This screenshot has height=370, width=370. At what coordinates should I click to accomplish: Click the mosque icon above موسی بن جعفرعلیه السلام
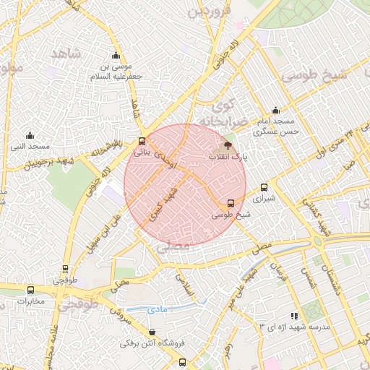116,56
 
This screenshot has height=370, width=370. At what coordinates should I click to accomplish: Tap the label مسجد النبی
30,147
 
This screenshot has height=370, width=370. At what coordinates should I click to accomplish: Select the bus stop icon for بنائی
141,142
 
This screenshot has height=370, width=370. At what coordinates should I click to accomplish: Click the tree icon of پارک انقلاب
229,147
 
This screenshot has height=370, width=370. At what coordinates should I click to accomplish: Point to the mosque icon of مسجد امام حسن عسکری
275,111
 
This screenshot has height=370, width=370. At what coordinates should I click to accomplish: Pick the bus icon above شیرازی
264,187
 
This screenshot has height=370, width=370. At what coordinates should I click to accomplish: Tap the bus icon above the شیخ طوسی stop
231,203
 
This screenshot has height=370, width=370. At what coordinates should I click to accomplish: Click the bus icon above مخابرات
65,269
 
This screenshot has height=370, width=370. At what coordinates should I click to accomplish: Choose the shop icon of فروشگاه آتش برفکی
152,332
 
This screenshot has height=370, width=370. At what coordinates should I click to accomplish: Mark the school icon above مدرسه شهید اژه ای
293,316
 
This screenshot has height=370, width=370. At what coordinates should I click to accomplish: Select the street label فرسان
277,274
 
